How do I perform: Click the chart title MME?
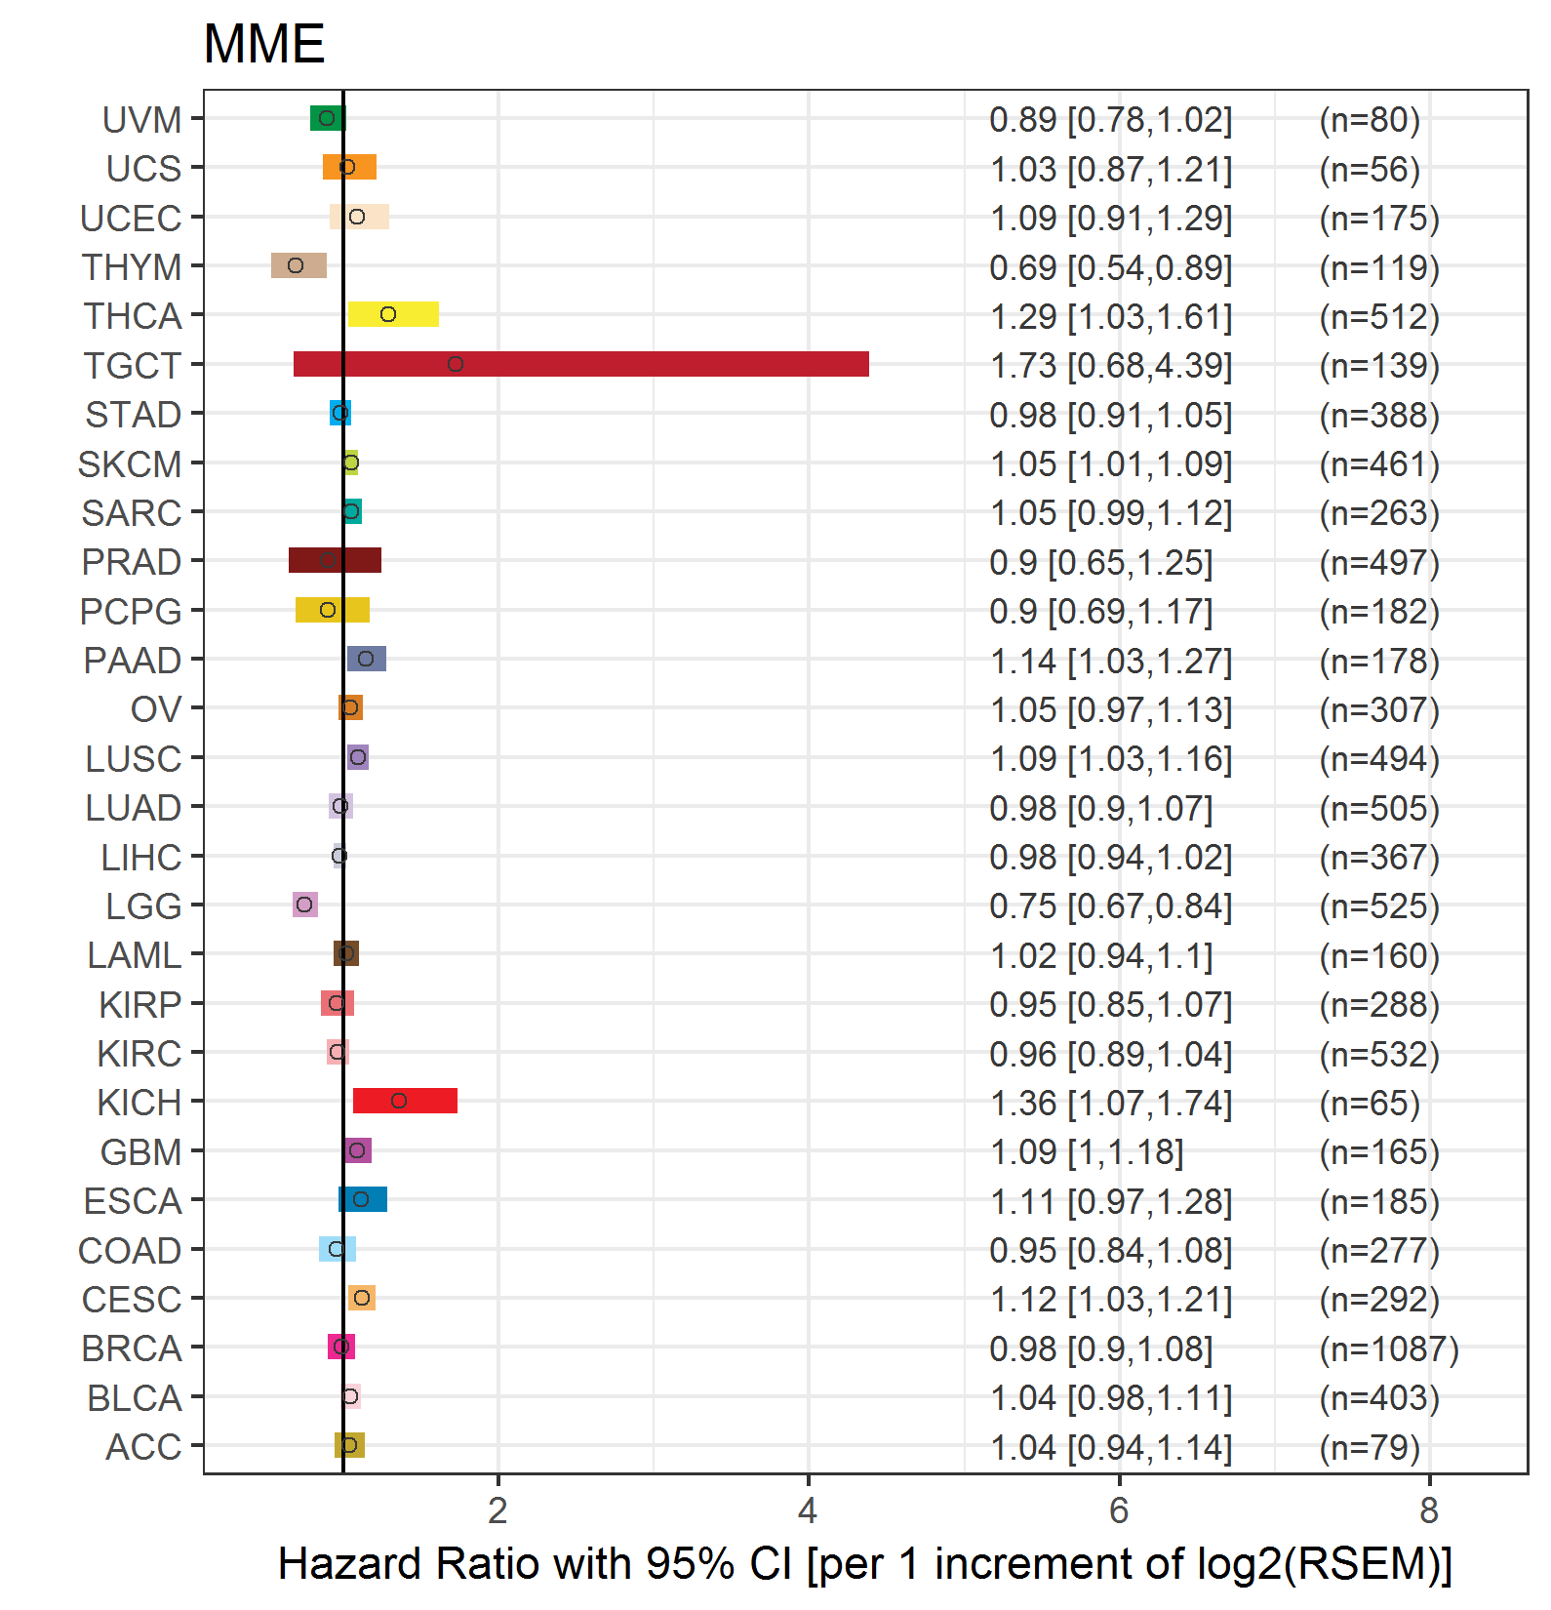click(x=263, y=44)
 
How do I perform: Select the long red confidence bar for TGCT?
click(x=581, y=364)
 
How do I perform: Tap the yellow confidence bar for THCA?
click(x=393, y=314)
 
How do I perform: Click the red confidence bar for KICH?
click(x=405, y=1101)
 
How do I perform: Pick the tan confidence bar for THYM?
click(x=298, y=265)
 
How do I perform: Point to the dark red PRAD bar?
click(x=335, y=560)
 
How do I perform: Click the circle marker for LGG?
click(x=304, y=905)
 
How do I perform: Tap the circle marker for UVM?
click(x=327, y=118)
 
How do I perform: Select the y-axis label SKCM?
click(x=130, y=464)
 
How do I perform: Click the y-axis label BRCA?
click(x=132, y=1348)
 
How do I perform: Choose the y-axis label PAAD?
click(x=133, y=661)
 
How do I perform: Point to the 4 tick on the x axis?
click(x=808, y=1510)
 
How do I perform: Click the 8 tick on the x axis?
click(x=1429, y=1510)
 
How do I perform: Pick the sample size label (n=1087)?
click(x=1389, y=1349)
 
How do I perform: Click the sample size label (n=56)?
click(x=1370, y=170)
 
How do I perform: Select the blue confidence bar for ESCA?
click(x=363, y=1199)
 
